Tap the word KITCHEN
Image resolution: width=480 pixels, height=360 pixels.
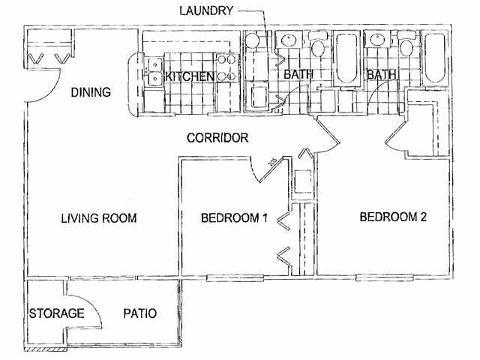click(x=190, y=76)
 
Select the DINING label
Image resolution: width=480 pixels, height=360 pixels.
click(x=91, y=93)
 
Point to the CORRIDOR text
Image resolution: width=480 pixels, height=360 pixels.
click(x=217, y=138)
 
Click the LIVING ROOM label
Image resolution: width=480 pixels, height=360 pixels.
click(x=98, y=218)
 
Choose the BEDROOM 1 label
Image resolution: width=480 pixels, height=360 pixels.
click(x=234, y=218)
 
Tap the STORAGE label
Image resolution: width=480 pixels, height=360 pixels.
click(x=56, y=313)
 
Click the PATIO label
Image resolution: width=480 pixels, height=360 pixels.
click(x=139, y=313)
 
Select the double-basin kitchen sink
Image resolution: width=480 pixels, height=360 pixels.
click(x=154, y=70)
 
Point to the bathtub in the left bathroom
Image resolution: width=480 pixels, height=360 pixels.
click(x=346, y=58)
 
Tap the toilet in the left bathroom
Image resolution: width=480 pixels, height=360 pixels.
click(x=317, y=49)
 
